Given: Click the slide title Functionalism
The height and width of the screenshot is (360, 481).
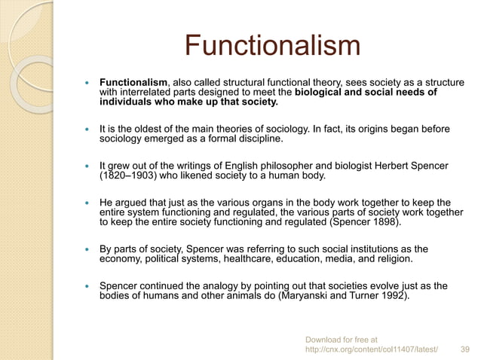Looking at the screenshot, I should [x=274, y=47].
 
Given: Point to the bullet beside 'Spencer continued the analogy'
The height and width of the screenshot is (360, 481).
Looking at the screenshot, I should [x=89, y=286].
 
